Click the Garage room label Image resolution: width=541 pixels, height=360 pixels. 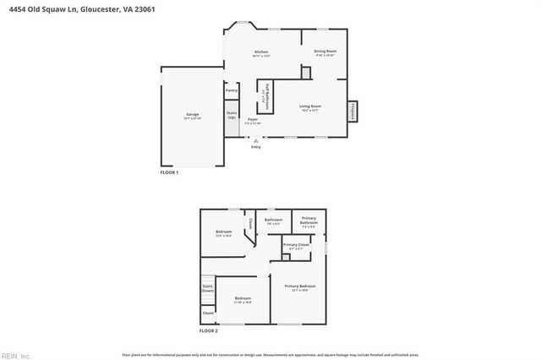point(192,114)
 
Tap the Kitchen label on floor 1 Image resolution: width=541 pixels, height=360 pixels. point(262,53)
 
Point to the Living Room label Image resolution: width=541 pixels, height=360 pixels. point(310,107)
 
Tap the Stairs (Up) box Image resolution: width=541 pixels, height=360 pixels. point(232,115)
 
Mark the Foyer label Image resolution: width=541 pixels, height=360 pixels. point(253,121)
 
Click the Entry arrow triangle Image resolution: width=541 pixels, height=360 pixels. point(256,140)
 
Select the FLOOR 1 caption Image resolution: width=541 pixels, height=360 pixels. point(170,172)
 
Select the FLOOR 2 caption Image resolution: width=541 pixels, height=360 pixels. point(208,331)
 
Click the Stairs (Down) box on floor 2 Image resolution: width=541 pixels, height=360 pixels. point(208,288)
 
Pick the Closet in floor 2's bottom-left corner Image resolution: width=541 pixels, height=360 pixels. point(208,314)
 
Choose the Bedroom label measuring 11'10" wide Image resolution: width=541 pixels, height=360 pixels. point(243,299)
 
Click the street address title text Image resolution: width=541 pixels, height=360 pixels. point(59,8)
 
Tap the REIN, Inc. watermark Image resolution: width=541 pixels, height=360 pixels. point(15,354)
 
